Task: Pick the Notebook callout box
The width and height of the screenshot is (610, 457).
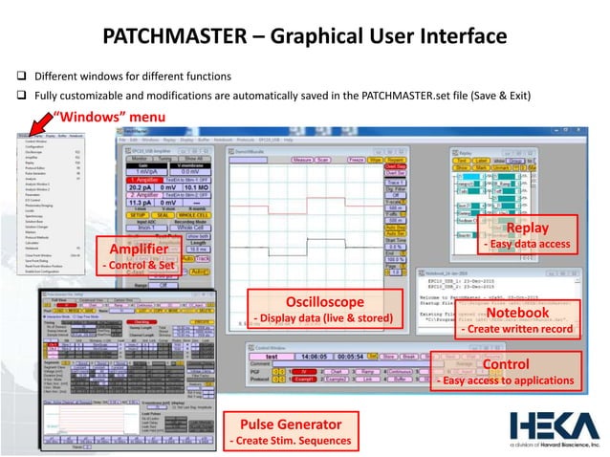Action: point(516,320)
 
